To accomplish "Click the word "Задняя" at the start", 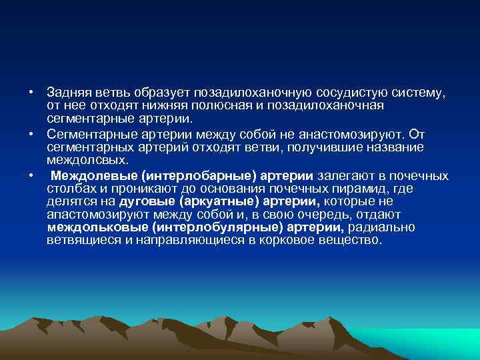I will [x=67, y=91].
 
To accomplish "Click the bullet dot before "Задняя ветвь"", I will [x=31, y=91].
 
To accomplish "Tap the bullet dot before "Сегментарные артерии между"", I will [x=31, y=133].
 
